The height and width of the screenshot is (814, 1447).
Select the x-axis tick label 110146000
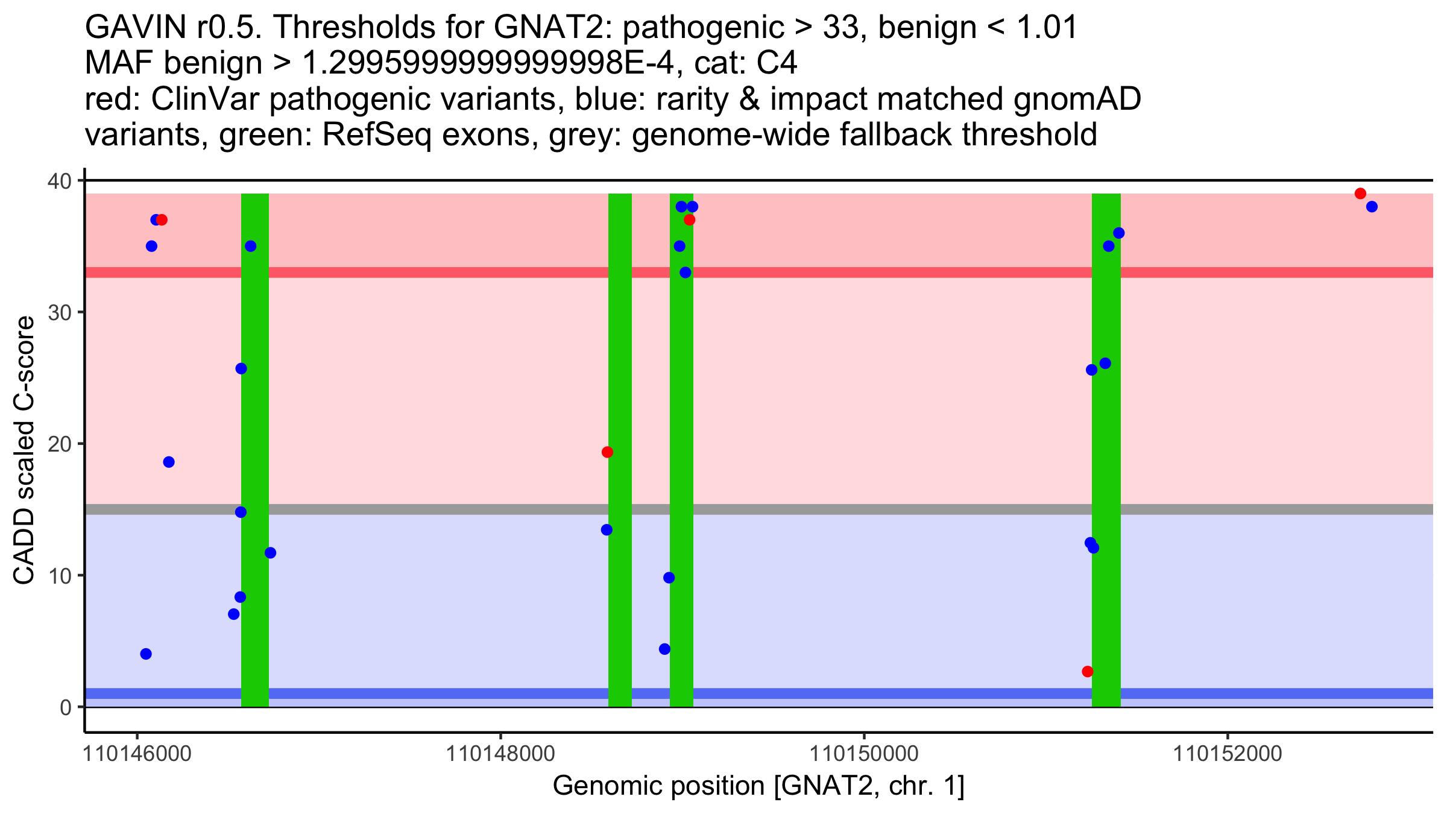pos(137,754)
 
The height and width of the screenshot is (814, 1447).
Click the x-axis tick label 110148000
pos(500,754)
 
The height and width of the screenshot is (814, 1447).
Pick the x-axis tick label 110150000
pos(864,754)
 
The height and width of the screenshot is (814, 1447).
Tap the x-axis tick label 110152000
pos(1228,754)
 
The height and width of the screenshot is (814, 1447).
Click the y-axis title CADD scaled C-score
pos(24,451)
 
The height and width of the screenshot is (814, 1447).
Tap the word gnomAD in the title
pos(1077,99)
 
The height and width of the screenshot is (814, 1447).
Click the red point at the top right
pos(1360,194)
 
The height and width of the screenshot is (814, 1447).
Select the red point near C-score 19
pos(607,452)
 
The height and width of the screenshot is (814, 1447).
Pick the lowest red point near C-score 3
pos(1087,672)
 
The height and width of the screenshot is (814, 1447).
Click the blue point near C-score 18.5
pos(169,462)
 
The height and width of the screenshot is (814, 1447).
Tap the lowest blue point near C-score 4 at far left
pos(146,654)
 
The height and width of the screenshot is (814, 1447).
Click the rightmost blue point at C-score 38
pos(1372,207)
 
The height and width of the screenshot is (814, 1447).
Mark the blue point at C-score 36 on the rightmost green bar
pos(1118,233)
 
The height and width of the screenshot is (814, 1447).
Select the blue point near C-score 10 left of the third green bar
pos(669,578)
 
